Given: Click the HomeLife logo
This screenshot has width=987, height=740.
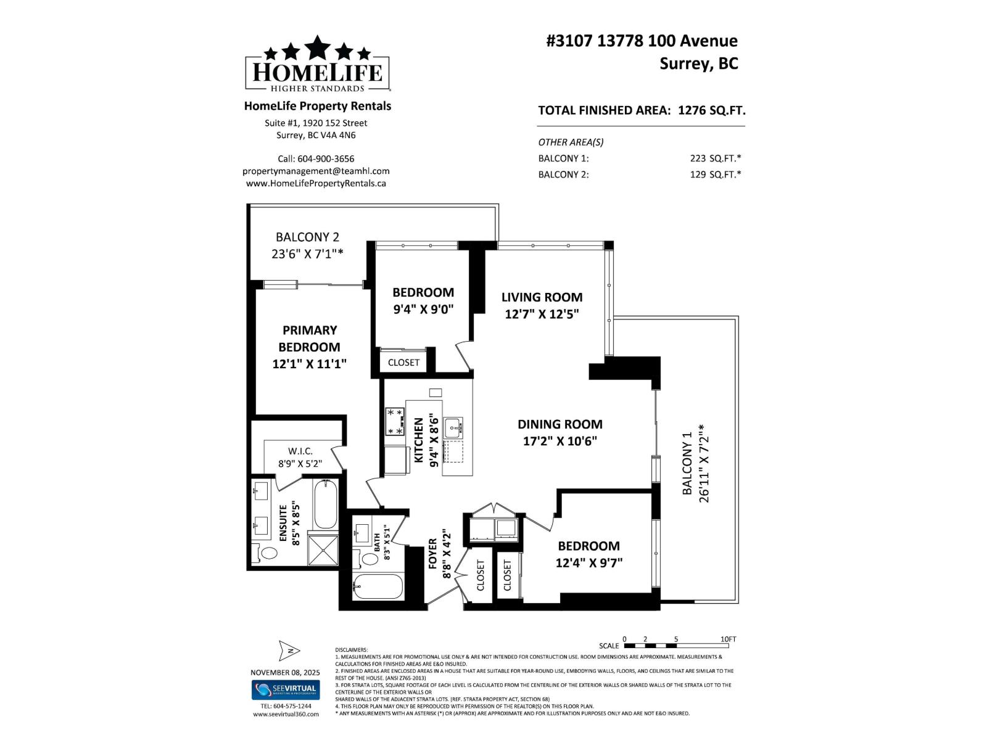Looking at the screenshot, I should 317,64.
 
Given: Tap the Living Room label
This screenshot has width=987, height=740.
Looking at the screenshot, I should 542,297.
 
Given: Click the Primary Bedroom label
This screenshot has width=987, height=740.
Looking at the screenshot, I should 309,339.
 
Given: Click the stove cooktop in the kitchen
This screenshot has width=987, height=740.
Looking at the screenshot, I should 395,422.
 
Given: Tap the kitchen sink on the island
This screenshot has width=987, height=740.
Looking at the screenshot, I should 453,426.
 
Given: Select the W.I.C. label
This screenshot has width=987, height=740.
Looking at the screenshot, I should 300,451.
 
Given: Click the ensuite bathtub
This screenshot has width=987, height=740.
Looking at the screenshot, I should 325,505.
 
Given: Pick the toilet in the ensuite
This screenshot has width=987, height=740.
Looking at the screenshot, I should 268,553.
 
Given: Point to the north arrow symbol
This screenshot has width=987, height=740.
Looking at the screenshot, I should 289,650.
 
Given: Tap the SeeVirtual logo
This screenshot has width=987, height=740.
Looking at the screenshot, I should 285,690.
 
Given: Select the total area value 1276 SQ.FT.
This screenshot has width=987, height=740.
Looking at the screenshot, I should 711,110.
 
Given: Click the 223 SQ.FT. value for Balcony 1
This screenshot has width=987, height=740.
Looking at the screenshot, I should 715,158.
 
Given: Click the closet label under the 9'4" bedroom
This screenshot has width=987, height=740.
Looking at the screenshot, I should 403,363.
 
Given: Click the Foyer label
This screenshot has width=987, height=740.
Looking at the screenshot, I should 432,553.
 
